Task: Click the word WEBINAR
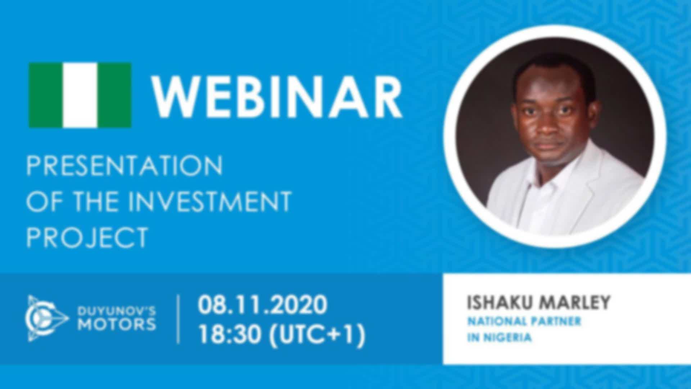coord(277,96)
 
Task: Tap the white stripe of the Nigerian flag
coord(80,95)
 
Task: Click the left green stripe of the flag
coord(46,95)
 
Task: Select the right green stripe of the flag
coord(114,95)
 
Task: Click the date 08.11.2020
coord(262,304)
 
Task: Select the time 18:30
coord(230,335)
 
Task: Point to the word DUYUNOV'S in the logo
coord(117,310)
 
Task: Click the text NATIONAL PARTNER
coord(524,321)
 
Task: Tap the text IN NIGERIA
coord(500,338)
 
